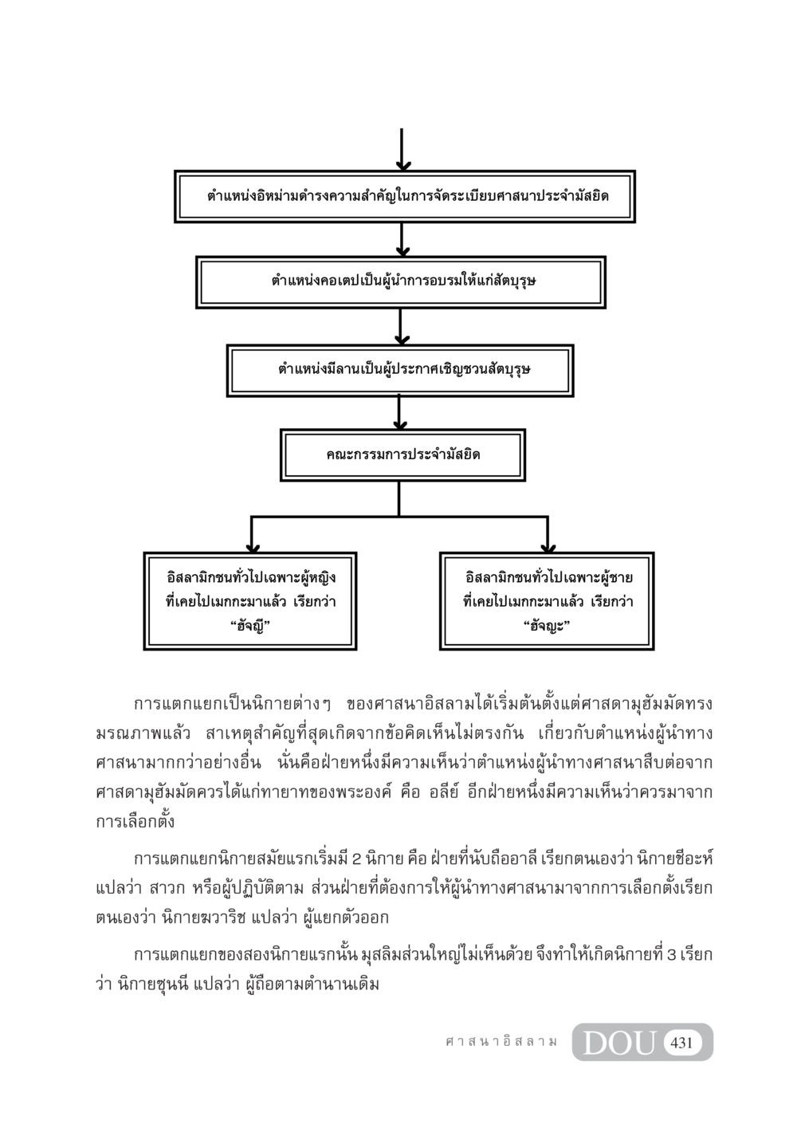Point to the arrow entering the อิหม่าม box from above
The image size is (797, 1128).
(402, 150)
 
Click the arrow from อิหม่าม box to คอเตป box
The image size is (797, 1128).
(401, 240)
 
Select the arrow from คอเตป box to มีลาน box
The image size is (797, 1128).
(400, 327)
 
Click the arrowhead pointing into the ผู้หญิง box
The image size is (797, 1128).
(252, 548)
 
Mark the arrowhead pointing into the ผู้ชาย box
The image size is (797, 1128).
(548, 548)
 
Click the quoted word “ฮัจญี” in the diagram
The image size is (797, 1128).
(250, 627)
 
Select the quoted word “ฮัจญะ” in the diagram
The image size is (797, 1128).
(547, 627)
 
